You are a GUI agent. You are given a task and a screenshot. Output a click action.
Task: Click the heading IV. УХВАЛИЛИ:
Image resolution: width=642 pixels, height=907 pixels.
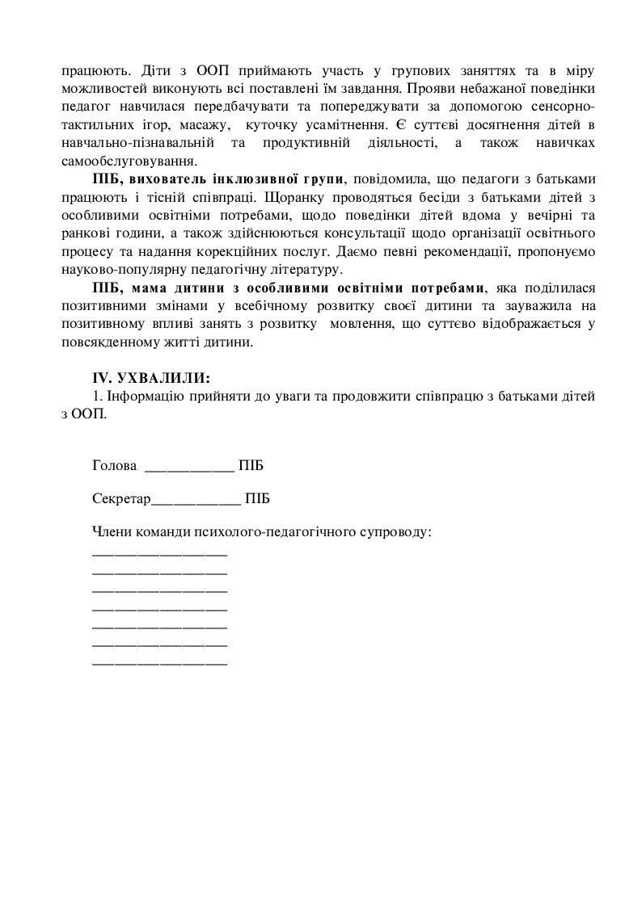tap(152, 378)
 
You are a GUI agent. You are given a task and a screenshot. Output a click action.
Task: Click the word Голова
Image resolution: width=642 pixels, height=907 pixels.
tap(115, 466)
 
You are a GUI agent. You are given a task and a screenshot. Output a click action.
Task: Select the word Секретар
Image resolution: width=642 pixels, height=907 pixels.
tap(121, 499)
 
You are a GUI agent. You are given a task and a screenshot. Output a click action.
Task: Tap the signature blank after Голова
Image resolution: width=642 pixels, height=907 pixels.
tap(188, 468)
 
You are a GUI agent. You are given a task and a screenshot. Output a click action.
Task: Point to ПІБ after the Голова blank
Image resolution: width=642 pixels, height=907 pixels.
tap(251, 466)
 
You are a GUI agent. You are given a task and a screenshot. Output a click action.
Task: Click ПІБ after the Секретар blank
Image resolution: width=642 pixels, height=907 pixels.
tap(257, 499)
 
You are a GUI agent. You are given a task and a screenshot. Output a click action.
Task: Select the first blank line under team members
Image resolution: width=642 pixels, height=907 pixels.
tap(160, 555)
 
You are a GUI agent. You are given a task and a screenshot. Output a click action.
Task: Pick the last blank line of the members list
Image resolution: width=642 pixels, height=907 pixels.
tap(160, 663)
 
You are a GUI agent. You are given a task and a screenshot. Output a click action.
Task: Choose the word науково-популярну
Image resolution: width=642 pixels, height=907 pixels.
tap(120, 268)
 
